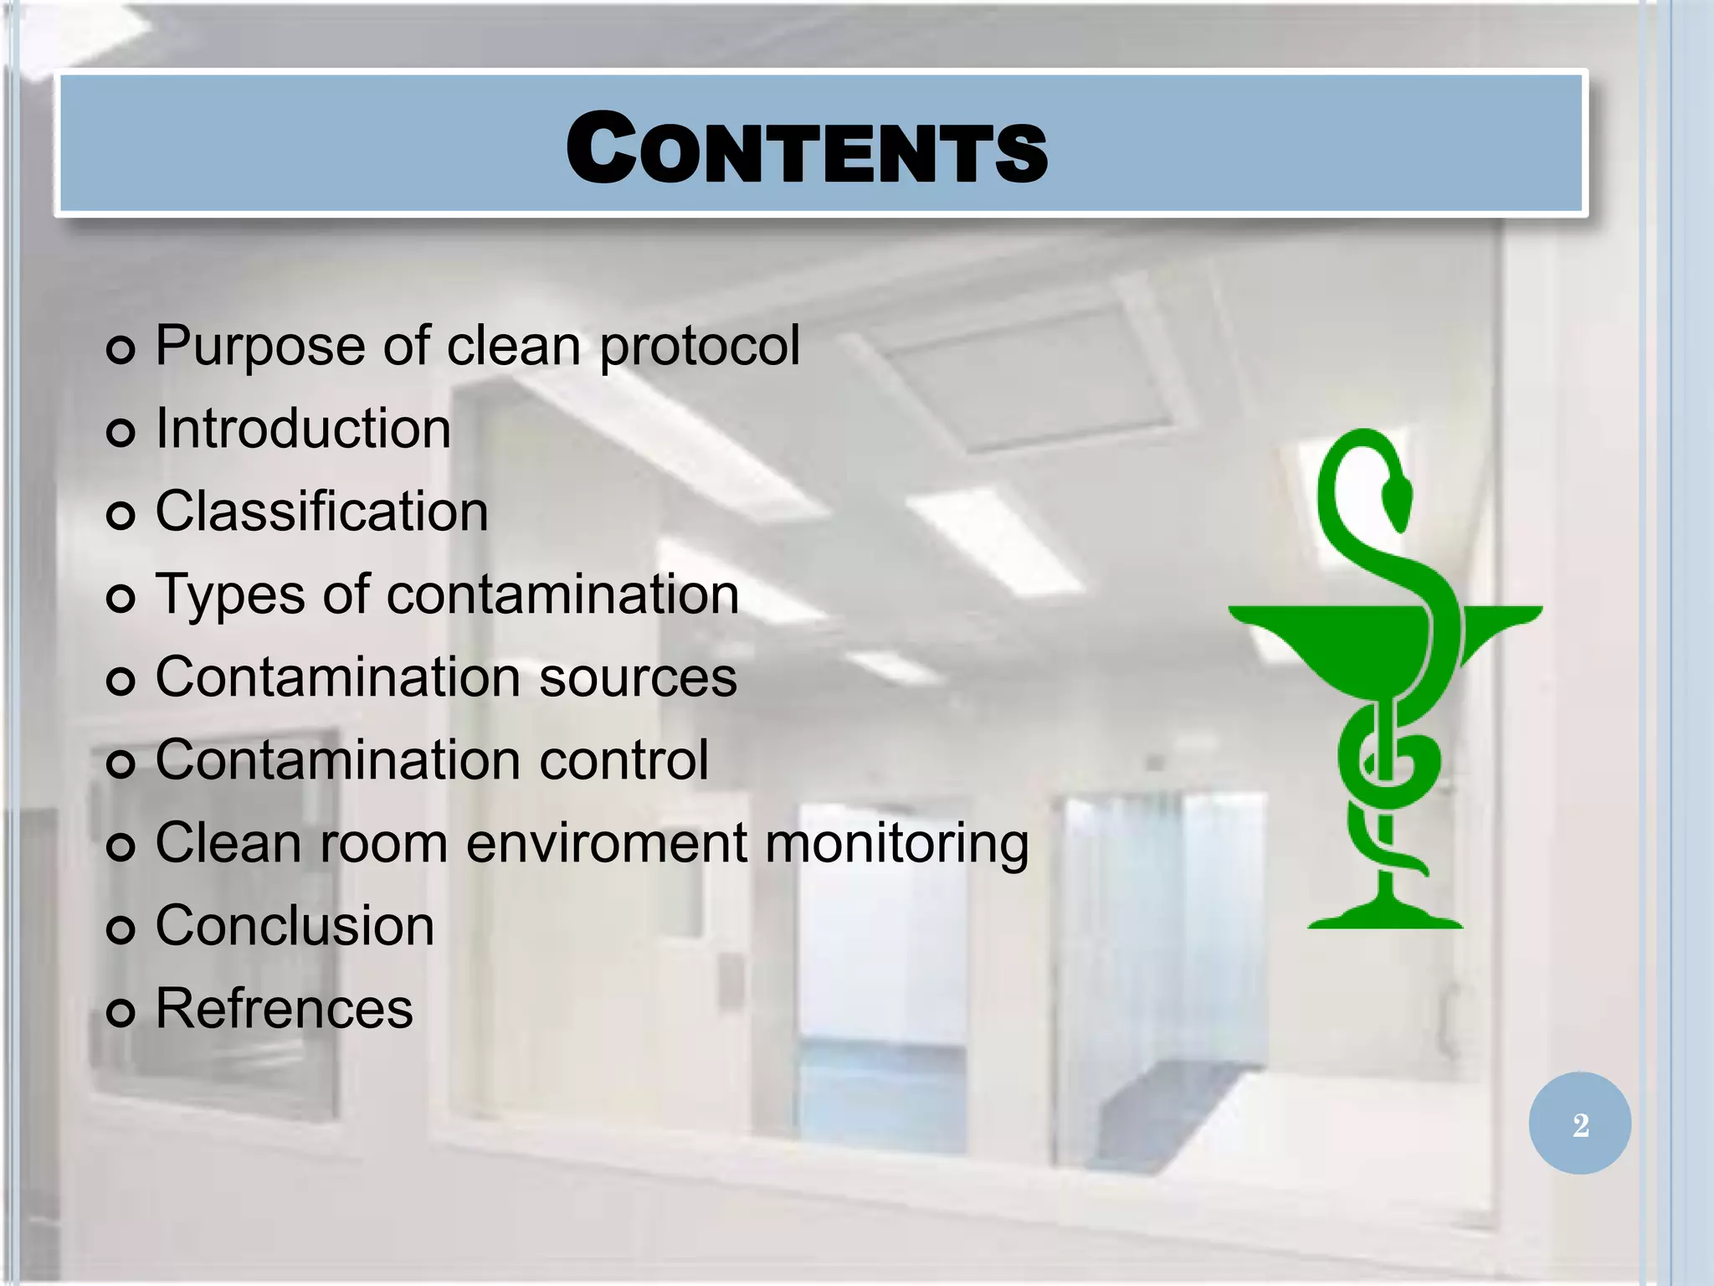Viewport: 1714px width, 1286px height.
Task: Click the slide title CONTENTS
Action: coord(806,148)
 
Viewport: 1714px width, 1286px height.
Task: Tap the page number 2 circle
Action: coord(1579,1124)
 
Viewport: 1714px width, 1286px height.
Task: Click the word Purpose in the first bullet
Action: coord(259,347)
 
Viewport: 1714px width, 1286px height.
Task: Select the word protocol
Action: coord(700,347)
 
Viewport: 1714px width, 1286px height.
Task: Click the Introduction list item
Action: coord(303,429)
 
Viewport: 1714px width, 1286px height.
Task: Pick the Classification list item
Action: coord(321,512)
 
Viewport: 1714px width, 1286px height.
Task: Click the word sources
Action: coord(638,677)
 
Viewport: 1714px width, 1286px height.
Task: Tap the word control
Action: coord(624,760)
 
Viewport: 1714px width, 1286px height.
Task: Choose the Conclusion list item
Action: coord(295,926)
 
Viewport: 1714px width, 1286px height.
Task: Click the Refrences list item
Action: coord(284,1009)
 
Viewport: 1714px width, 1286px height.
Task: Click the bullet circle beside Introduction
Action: coord(121,432)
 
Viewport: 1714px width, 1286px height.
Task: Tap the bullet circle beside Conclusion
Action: coord(121,929)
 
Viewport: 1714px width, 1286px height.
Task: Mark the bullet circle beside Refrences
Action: coord(121,1012)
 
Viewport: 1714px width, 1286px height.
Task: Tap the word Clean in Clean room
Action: coord(228,843)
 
